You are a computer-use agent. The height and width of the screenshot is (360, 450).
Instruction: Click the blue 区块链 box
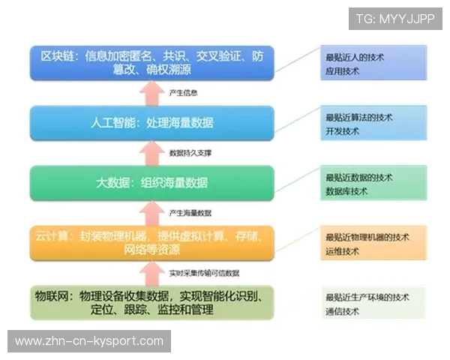[152, 63]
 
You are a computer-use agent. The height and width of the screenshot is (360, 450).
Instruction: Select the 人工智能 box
[152, 122]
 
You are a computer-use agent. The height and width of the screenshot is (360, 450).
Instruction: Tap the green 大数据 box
[152, 182]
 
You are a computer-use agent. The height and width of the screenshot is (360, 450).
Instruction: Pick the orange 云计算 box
[152, 242]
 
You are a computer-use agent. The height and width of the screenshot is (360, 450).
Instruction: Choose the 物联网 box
[152, 302]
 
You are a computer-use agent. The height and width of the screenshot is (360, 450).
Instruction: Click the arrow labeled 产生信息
[153, 92]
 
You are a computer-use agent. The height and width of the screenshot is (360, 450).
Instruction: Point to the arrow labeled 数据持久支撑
[153, 152]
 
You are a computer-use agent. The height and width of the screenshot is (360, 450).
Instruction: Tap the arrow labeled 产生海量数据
[153, 211]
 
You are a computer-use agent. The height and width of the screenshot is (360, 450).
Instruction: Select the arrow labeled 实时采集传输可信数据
[153, 271]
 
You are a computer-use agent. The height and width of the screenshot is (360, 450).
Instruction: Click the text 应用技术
[342, 71]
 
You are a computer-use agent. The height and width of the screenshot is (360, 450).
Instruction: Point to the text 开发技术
[342, 131]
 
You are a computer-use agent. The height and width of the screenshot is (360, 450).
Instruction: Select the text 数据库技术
[346, 191]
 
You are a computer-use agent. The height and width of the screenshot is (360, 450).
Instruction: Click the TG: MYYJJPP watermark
[394, 18]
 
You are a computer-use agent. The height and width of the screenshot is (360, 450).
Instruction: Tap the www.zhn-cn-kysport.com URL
[89, 341]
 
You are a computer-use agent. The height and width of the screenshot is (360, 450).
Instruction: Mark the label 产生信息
[184, 93]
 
